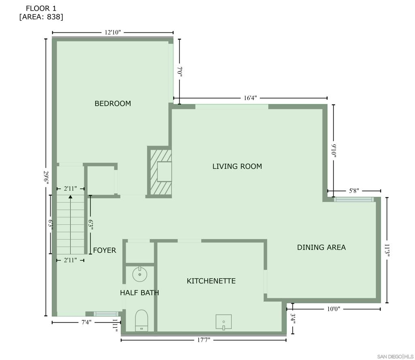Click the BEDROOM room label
point(113,103)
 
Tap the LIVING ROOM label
point(237,166)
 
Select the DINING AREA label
point(321,247)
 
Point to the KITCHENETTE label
point(211,281)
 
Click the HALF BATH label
point(139,293)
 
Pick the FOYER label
point(105,250)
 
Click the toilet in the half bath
point(141,320)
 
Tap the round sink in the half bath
point(140,275)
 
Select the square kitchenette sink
point(224,322)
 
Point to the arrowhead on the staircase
point(71,196)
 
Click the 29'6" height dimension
point(46,177)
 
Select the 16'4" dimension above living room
point(250,98)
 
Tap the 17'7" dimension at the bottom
point(203,340)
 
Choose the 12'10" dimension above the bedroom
point(113,32)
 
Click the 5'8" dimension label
point(354,191)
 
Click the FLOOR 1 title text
point(41,9)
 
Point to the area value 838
point(54,17)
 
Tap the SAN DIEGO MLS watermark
point(395,357)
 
